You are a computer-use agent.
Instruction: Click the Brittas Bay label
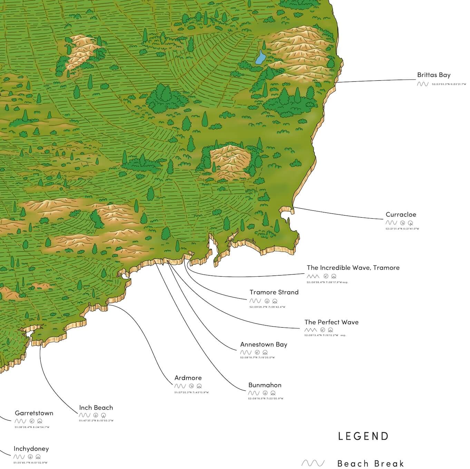coord(433,75)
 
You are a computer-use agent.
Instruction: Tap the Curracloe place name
coord(401,215)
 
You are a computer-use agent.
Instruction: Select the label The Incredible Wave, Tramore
coord(353,268)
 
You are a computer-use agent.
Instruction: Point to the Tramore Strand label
coord(274,292)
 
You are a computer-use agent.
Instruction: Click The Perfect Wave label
coord(331,322)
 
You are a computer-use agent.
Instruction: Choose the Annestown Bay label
coord(264,345)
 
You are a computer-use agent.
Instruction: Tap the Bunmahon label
coord(265,385)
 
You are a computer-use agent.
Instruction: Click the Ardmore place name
coord(188,378)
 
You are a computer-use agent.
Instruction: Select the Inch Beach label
coord(96,408)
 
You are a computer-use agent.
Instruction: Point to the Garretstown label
coord(34,413)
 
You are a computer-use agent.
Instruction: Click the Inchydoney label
coord(31,449)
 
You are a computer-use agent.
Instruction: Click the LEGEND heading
coord(363,436)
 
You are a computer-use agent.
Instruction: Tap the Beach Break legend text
coord(370,463)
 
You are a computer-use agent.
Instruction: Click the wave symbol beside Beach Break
coord(313,463)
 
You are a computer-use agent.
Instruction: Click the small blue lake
coord(260,58)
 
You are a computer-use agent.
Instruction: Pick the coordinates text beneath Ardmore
coord(191,392)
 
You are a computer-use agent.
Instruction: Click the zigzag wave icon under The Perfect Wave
coord(310,330)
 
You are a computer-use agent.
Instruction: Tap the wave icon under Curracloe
coord(391,223)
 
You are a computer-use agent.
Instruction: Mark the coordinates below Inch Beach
coord(96,421)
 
